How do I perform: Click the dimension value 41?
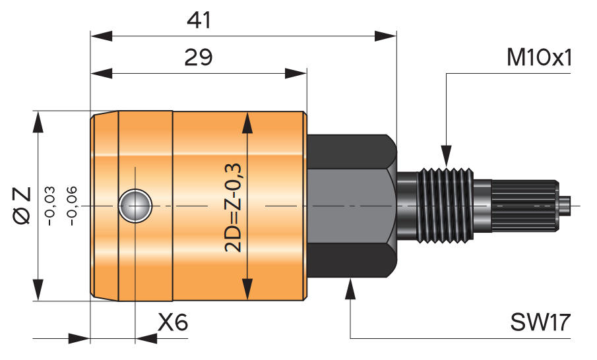(x=199, y=20)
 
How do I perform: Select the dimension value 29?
(x=199, y=57)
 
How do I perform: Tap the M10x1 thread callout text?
(x=539, y=58)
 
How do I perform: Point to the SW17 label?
(x=540, y=322)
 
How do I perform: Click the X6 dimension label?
(x=173, y=322)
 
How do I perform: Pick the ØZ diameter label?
(x=22, y=206)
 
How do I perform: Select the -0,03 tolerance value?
(x=50, y=206)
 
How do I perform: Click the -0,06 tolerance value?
(x=72, y=206)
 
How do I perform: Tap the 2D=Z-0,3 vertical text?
(x=233, y=208)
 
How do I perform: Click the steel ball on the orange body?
(x=135, y=206)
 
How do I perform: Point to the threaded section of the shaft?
(x=446, y=205)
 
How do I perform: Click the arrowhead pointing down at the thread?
(x=446, y=156)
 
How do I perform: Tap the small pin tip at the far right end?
(x=565, y=206)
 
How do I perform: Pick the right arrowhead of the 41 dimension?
(x=385, y=36)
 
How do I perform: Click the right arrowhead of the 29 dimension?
(x=296, y=73)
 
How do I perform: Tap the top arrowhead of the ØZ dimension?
(x=38, y=122)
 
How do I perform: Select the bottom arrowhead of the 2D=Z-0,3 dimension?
(x=247, y=289)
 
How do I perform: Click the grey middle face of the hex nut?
(x=348, y=206)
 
